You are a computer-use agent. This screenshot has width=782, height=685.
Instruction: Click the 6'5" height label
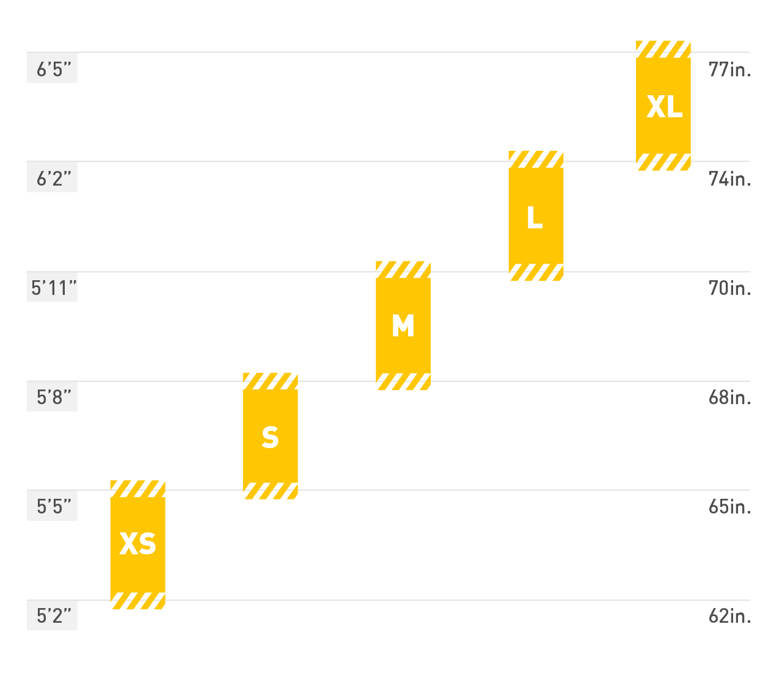click(53, 69)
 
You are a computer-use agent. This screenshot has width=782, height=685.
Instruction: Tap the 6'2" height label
click(53, 178)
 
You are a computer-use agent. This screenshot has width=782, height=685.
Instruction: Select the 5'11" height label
click(54, 288)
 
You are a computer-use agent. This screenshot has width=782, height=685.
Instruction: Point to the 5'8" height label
click(53, 397)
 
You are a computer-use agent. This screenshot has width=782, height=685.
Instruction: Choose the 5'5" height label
click(53, 506)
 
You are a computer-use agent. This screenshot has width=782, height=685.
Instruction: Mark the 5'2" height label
click(53, 615)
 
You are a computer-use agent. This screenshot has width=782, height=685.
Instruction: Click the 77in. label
click(729, 69)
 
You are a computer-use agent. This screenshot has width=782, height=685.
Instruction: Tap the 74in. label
click(729, 178)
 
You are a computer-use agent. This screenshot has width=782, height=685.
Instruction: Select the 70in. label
click(729, 288)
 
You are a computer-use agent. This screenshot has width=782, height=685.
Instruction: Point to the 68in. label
click(729, 397)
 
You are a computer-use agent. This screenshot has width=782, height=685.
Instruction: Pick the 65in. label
click(729, 506)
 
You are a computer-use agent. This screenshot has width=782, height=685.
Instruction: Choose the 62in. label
click(729, 615)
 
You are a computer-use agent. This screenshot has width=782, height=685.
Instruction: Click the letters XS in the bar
click(137, 543)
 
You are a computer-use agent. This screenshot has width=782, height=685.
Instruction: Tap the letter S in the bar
click(270, 437)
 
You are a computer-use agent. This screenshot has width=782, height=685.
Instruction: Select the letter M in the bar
click(403, 326)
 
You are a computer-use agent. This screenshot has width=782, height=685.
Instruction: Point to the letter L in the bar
click(535, 217)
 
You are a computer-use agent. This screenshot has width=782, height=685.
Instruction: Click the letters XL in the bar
click(663, 107)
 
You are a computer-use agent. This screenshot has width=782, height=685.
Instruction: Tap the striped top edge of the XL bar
click(663, 49)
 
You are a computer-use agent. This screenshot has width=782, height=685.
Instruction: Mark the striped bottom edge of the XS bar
click(137, 601)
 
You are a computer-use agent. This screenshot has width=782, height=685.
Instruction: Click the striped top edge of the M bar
click(403, 269)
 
